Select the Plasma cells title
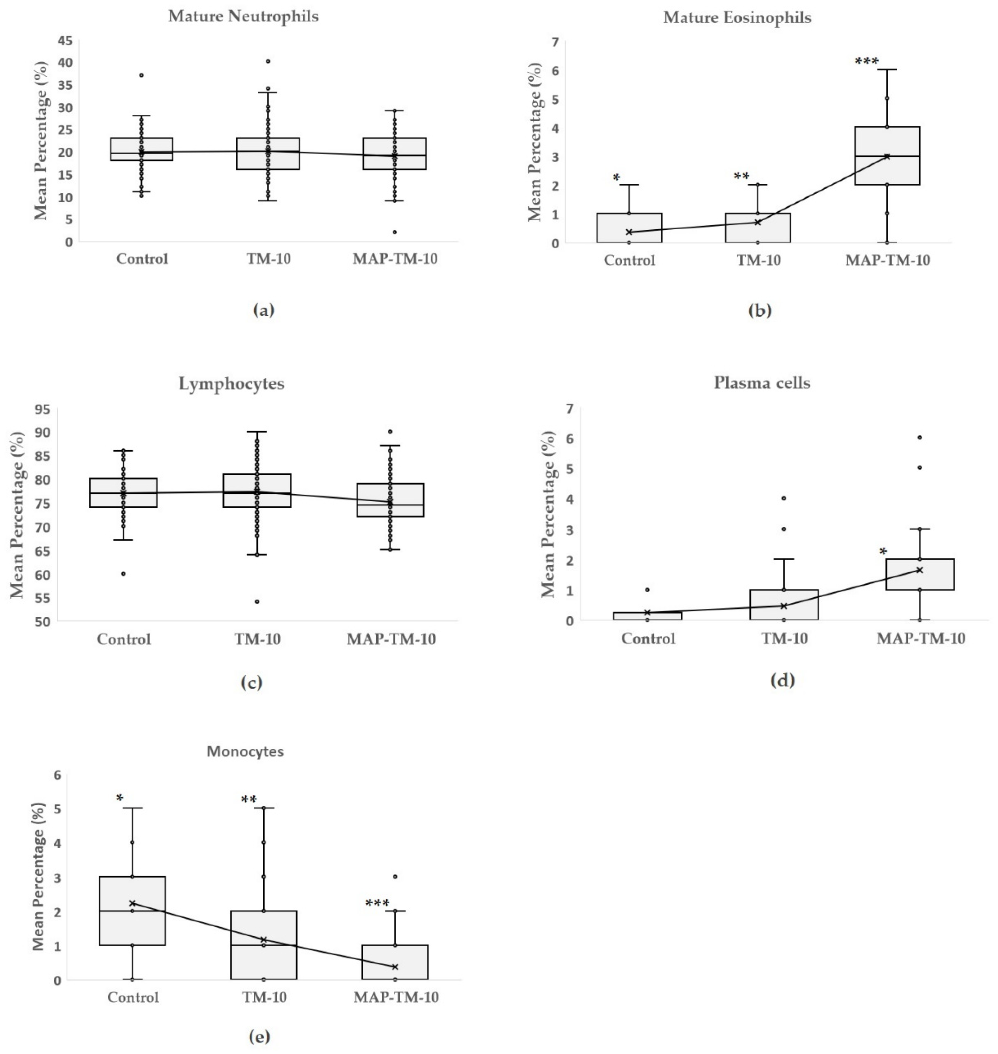(x=762, y=383)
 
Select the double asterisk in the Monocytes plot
(x=249, y=800)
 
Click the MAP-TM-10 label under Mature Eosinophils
(x=887, y=260)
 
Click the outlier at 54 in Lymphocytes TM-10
(x=257, y=601)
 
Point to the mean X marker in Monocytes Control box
(x=132, y=903)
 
